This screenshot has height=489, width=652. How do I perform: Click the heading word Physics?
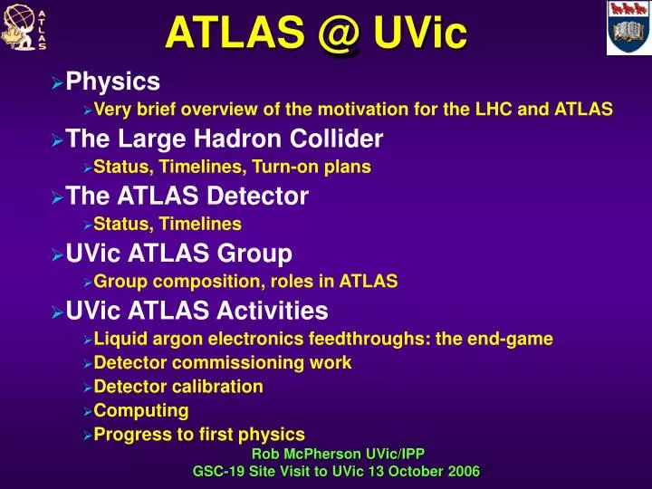point(113,82)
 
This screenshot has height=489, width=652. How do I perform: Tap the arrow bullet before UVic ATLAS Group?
point(57,254)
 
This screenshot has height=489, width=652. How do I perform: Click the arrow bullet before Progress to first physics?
point(87,435)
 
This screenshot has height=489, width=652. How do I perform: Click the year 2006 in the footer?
point(462,471)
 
